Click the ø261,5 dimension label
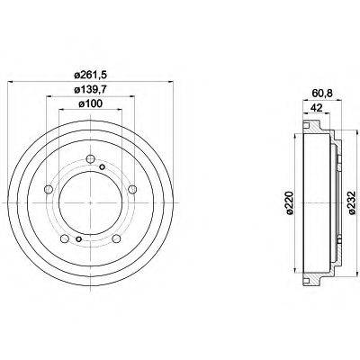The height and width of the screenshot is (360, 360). [x=90, y=75]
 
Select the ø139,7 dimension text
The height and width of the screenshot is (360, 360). [x=90, y=89]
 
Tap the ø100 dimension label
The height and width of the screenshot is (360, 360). [x=90, y=103]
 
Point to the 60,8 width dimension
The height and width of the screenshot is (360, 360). [x=322, y=94]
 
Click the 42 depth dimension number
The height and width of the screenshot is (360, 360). [x=316, y=108]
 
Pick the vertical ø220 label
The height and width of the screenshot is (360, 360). [x=290, y=203]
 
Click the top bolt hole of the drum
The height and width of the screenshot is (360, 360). [x=90, y=159]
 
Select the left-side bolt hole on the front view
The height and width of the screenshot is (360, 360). [x=48, y=189]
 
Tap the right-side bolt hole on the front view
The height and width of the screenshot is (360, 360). [x=132, y=189]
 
